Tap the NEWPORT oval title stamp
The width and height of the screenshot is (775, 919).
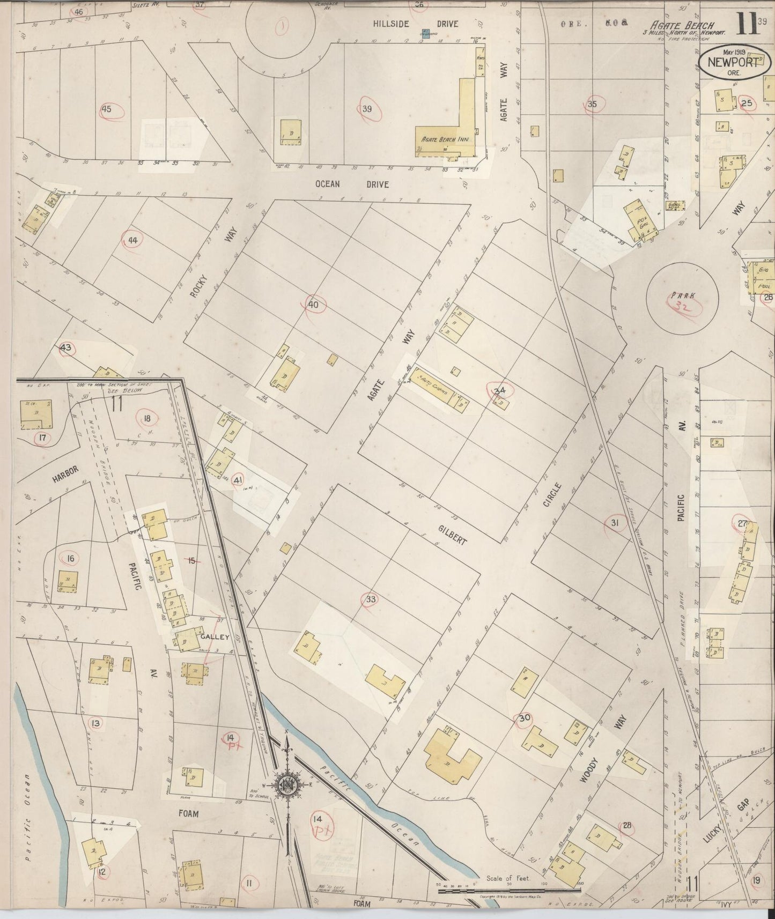point(733,62)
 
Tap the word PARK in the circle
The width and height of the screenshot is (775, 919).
point(681,295)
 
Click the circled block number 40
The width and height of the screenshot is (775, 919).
point(313,305)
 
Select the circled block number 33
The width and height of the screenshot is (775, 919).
point(370,599)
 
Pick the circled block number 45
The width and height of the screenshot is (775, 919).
point(106,109)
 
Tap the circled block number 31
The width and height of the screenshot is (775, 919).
point(615,523)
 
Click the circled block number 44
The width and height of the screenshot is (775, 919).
point(133,241)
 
